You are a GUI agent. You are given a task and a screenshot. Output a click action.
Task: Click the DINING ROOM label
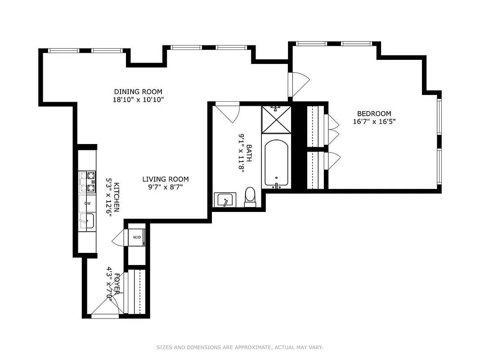tap(138, 92)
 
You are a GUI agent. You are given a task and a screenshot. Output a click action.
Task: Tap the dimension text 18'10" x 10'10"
tap(138, 99)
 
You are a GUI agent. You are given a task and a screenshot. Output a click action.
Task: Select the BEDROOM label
tap(374, 114)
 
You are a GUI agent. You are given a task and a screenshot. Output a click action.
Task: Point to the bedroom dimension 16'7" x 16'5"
tap(374, 121)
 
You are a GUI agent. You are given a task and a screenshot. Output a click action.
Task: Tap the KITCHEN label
tap(116, 197)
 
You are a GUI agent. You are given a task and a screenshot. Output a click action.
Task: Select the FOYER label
tap(117, 283)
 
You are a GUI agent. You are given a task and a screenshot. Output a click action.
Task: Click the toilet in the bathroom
tap(250, 197)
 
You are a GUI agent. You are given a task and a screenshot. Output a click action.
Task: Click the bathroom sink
tap(224, 199)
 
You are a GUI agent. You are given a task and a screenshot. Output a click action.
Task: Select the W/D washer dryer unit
tap(137, 238)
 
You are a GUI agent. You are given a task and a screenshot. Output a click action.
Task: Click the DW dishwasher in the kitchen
tap(87, 203)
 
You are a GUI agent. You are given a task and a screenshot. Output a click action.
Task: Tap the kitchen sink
tap(88, 221)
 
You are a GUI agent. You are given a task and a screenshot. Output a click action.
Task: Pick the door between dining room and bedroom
tap(299, 84)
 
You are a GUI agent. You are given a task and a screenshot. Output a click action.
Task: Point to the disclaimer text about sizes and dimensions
tap(240, 347)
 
